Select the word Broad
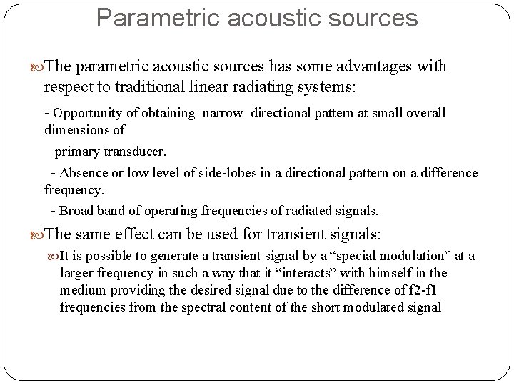[x=76, y=211]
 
